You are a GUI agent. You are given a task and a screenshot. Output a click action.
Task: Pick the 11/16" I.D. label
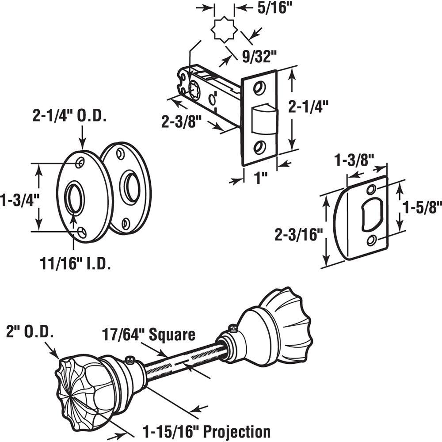(75, 264)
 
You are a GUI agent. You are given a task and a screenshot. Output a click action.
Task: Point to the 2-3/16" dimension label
(297, 234)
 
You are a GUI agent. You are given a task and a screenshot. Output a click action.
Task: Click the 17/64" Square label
(149, 335)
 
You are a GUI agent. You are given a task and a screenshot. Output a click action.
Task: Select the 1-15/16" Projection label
(206, 431)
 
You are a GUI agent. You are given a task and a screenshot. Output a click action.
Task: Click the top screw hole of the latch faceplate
(260, 88)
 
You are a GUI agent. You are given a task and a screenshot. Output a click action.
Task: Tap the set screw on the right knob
(232, 328)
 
